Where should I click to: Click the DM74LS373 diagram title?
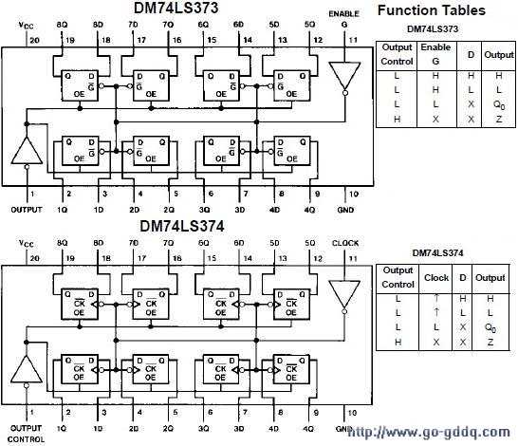[x=194, y=9]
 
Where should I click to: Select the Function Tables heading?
[x=432, y=11]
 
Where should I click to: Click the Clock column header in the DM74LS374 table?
[x=436, y=278]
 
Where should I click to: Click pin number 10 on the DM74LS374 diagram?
[x=352, y=414]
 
